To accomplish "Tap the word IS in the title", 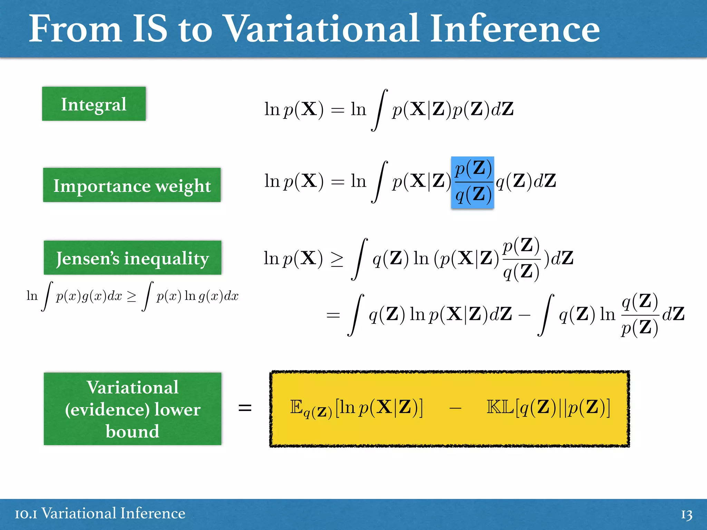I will (150, 29).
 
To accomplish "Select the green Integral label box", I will (94, 104).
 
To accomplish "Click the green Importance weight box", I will (132, 185).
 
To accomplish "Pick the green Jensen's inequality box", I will (133, 258).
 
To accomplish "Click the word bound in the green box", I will (133, 431).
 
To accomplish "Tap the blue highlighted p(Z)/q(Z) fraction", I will (473, 182).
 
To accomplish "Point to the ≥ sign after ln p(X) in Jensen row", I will (337, 259).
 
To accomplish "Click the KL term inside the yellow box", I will (548, 408).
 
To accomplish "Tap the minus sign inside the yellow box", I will (455, 409).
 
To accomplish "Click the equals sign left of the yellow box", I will (245, 408).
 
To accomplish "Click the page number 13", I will (686, 514).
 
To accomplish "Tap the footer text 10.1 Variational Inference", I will (100, 513).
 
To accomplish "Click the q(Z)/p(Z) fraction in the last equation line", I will (639, 314).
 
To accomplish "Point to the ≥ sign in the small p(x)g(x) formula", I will (132, 296).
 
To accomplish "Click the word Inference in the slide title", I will (514, 29).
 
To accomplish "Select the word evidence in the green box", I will (107, 410).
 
